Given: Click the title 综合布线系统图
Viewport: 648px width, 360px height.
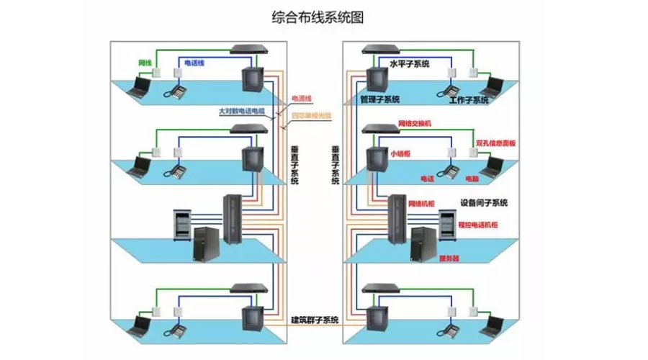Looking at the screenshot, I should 316,17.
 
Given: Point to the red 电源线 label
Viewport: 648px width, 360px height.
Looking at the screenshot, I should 301,99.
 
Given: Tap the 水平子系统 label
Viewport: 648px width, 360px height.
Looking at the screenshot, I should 409,64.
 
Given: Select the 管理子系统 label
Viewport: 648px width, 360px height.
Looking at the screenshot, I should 380,99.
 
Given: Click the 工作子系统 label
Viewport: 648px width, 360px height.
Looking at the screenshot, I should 468,100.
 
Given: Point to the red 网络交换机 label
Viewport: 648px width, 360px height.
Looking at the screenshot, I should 414,124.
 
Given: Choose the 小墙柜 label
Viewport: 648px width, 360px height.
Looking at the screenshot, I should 400,153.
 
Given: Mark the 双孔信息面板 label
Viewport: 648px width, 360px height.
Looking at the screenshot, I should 496,143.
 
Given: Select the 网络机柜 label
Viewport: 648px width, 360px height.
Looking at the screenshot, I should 421,204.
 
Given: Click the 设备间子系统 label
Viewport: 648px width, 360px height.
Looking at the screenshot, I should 484,202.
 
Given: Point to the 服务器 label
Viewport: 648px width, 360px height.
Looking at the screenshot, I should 449,258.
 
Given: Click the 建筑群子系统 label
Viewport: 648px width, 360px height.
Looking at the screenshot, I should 315,319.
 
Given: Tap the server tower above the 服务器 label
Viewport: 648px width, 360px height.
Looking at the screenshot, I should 425,243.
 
